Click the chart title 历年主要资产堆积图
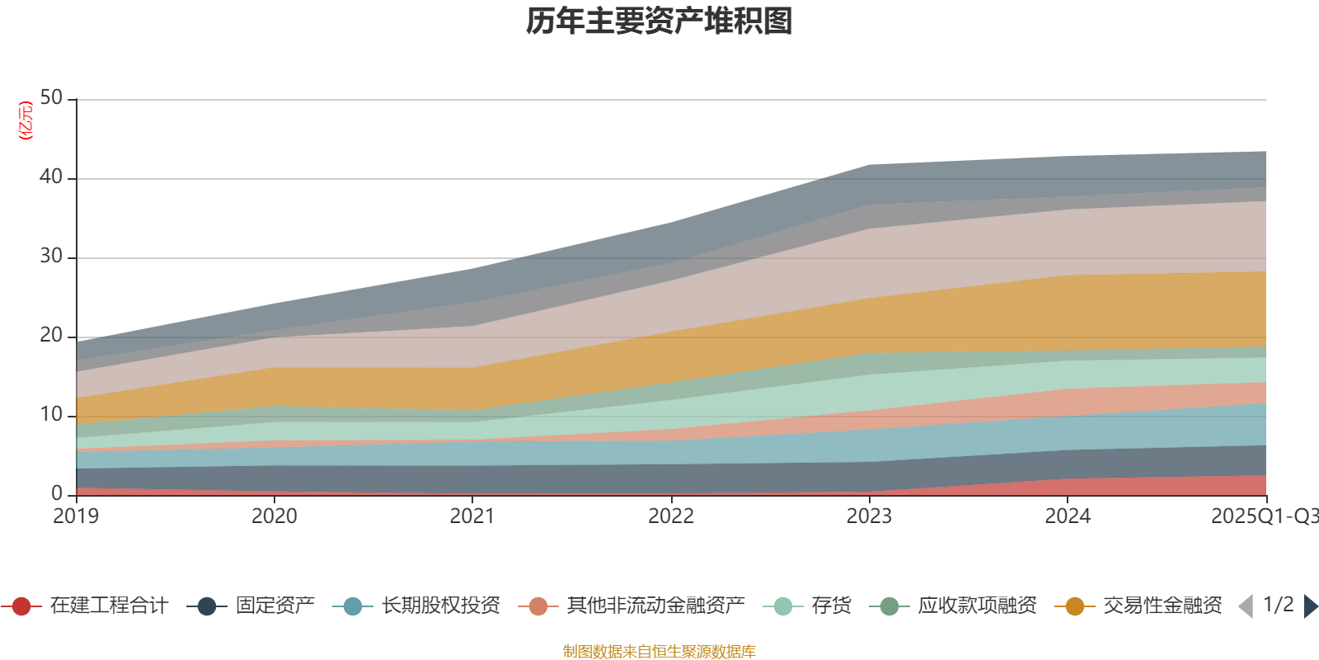click(x=659, y=21)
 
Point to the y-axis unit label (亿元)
click(x=26, y=120)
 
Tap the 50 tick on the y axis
click(x=51, y=98)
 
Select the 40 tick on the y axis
click(x=51, y=177)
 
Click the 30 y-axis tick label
click(x=51, y=257)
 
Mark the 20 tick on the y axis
click(x=51, y=336)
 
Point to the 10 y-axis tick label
click(x=51, y=415)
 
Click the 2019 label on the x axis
click(x=76, y=516)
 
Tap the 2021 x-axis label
click(x=472, y=516)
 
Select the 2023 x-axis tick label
click(x=869, y=516)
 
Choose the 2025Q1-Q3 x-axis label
click(x=1263, y=516)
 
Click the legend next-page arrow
click(x=1311, y=606)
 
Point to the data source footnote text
click(x=659, y=652)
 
